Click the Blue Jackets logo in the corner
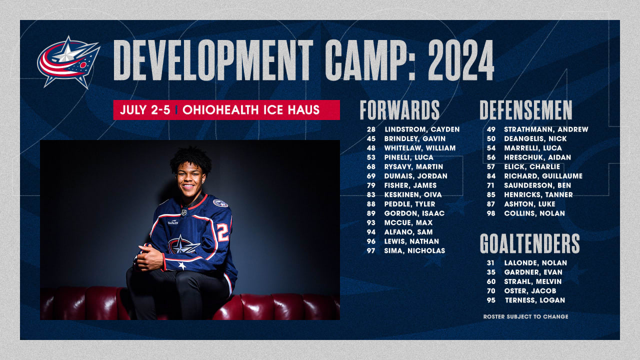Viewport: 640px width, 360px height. tap(68, 61)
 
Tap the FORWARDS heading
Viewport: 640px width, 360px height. tap(399, 110)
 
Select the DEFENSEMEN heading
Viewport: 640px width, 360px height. tap(526, 110)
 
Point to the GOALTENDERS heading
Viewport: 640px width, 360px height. tap(529, 243)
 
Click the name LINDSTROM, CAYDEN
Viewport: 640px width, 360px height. tap(421, 129)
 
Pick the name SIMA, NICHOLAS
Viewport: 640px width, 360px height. tap(414, 250)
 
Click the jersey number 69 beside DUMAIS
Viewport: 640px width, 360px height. tap(371, 176)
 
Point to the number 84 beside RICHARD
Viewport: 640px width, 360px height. tap(491, 176)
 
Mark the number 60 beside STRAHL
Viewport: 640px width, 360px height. tap(491, 281)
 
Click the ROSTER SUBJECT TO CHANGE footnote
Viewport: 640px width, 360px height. tap(525, 316)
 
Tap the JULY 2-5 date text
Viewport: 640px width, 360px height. tap(144, 110)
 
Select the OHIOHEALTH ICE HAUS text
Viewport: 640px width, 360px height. tap(251, 110)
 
